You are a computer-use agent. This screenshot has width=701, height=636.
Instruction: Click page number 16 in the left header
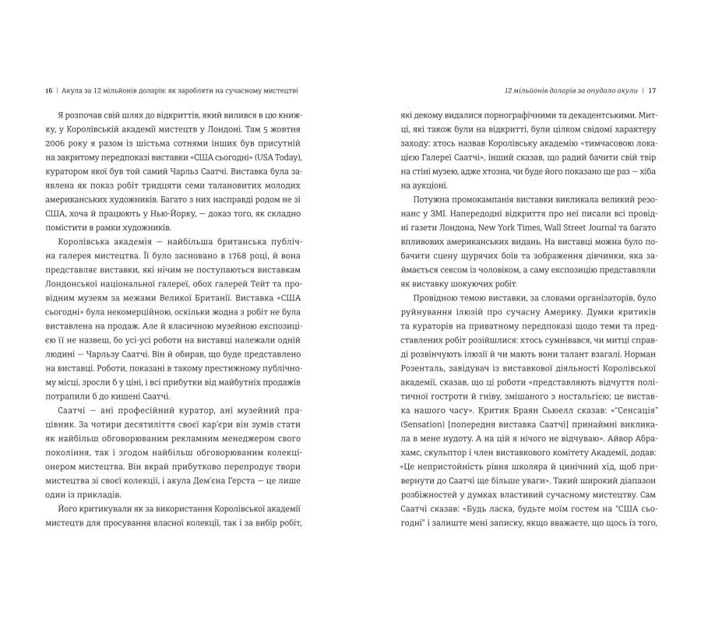tap(48, 90)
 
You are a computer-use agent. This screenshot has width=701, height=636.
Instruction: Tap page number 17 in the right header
tap(653, 90)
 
